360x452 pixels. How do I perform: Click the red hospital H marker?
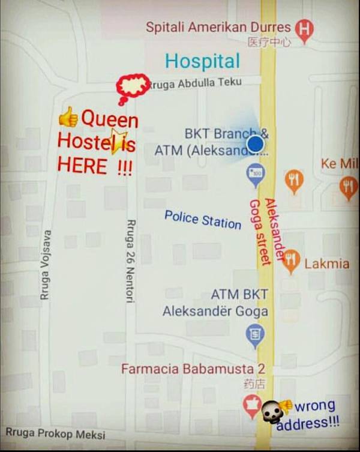(305, 29)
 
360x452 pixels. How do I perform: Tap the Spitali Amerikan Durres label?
(218, 27)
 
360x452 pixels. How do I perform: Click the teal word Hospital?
(202, 61)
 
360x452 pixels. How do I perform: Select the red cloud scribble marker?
(133, 86)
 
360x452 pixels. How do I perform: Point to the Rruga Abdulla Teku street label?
(196, 83)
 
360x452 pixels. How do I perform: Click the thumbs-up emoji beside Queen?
(68, 116)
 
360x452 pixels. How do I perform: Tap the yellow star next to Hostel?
(118, 141)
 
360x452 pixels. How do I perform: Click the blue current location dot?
(256, 144)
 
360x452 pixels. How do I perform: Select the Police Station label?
(203, 219)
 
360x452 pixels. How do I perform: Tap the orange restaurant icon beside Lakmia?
(291, 260)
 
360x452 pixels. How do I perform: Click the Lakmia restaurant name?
(327, 264)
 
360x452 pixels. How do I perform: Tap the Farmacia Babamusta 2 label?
(193, 369)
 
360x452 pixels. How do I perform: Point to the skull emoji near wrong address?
(270, 411)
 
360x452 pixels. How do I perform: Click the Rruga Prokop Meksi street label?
(55, 433)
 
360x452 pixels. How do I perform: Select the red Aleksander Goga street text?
(262, 231)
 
